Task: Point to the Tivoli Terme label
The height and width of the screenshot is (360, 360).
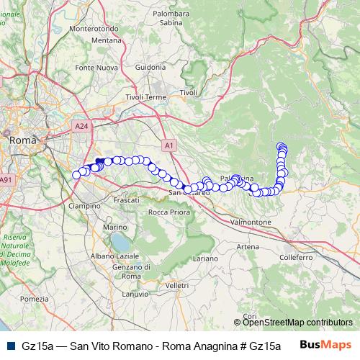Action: tap(146, 96)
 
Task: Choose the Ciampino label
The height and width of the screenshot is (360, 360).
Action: tap(84, 206)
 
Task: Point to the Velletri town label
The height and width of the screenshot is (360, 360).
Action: tap(176, 286)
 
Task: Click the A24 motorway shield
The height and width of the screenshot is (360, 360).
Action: tap(81, 125)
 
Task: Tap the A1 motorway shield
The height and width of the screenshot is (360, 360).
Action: tap(168, 144)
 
